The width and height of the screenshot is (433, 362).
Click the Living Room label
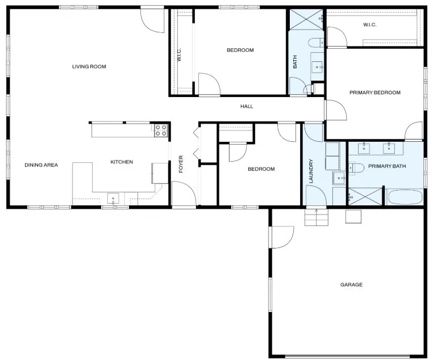coord(89,66)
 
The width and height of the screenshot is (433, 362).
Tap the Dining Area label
coord(41,165)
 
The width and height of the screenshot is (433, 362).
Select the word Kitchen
coord(122,162)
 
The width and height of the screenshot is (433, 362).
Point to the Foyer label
coord(181,164)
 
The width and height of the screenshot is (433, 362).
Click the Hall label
coord(247,107)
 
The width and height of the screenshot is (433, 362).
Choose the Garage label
coord(351,284)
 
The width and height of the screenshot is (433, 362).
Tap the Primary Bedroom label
coord(375,92)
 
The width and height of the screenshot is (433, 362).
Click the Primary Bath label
coord(387,166)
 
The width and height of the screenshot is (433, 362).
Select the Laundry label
coord(311,171)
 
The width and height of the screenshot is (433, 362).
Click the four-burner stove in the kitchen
coord(161,131)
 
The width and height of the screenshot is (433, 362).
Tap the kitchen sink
coord(113,199)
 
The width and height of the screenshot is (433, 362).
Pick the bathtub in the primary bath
coord(404,197)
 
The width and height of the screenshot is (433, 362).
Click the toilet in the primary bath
coord(356,168)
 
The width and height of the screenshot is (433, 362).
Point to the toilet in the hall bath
coord(316,43)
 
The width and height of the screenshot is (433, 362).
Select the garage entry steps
coord(317,217)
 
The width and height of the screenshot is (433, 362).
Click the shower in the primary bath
coord(365,196)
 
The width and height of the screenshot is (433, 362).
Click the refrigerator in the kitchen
coord(160,173)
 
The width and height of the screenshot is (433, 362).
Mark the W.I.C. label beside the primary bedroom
coord(369,25)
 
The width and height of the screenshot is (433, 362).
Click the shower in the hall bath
coord(306,19)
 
